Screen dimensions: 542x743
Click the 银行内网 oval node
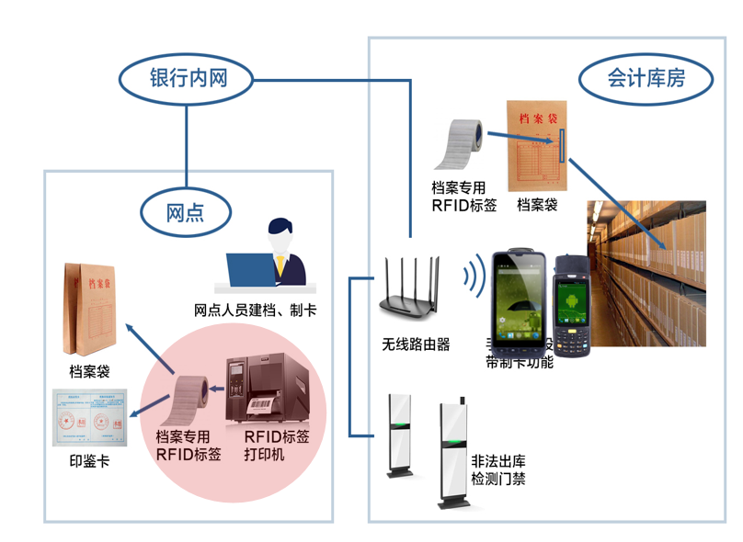[x=187, y=80]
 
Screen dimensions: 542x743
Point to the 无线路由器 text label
[x=416, y=344]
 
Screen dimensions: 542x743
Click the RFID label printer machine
[x=260, y=388]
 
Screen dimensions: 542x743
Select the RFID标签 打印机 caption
[x=276, y=446]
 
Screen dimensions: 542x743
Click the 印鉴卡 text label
[x=89, y=460]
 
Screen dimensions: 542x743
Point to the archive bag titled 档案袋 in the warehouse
[x=538, y=148]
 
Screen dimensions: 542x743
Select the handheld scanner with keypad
[x=575, y=302]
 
